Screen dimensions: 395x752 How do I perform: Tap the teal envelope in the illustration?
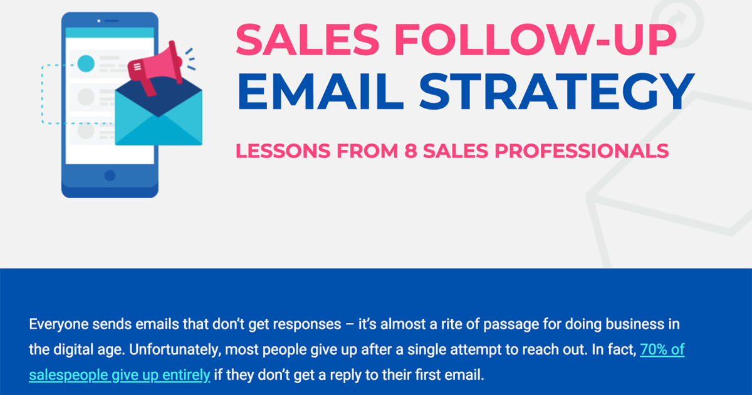(159, 119)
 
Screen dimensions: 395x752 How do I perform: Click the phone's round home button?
(110, 176)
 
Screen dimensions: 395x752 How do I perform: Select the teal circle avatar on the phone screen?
(86, 63)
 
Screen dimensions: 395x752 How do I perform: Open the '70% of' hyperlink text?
(662, 350)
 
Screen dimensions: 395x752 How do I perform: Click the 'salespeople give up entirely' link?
(119, 375)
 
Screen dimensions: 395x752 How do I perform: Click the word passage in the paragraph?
(498, 325)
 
